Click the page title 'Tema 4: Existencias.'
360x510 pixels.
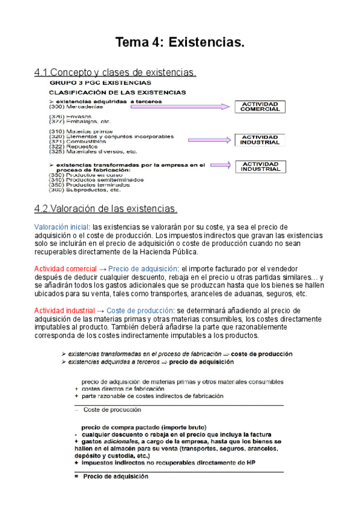click(x=180, y=43)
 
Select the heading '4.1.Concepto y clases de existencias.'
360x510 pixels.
click(x=115, y=73)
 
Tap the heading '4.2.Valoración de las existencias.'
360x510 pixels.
click(x=106, y=209)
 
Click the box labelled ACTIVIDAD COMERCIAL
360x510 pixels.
click(x=260, y=107)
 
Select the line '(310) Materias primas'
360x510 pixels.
click(x=76, y=131)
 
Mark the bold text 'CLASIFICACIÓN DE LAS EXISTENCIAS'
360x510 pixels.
click(x=117, y=93)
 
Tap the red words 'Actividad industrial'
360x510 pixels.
click(x=64, y=310)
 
